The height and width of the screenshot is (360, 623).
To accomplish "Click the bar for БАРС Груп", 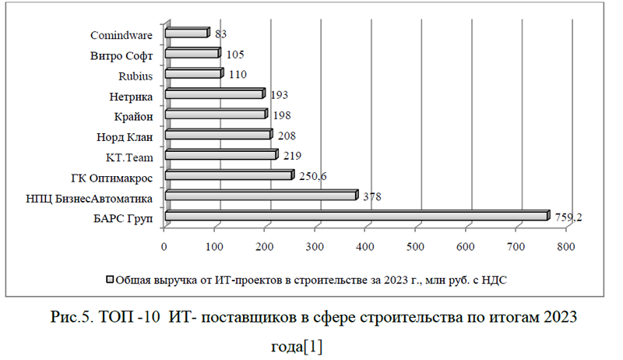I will pos(357,216).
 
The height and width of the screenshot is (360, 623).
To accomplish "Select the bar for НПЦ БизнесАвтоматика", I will pos(261,196).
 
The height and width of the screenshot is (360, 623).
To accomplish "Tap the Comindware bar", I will pos(187,34).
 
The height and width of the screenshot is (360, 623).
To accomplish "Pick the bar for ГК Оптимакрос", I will pos(229,175).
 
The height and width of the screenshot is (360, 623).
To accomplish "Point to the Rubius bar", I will pos(194,74).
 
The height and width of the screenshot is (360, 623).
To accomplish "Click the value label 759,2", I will pos(568,217).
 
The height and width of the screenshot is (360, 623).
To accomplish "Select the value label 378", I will pos(372,197).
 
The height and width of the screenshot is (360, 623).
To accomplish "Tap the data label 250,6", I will pos(311,176).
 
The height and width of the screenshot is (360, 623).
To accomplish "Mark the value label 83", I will pos(220,34).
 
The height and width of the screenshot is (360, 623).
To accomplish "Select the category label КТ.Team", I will pos(129,157).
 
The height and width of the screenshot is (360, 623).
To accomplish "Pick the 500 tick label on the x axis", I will pos(416,247).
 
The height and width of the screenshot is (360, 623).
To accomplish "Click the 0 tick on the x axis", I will pos(164,247).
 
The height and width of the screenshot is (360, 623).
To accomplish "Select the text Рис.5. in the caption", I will pos(75,318).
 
